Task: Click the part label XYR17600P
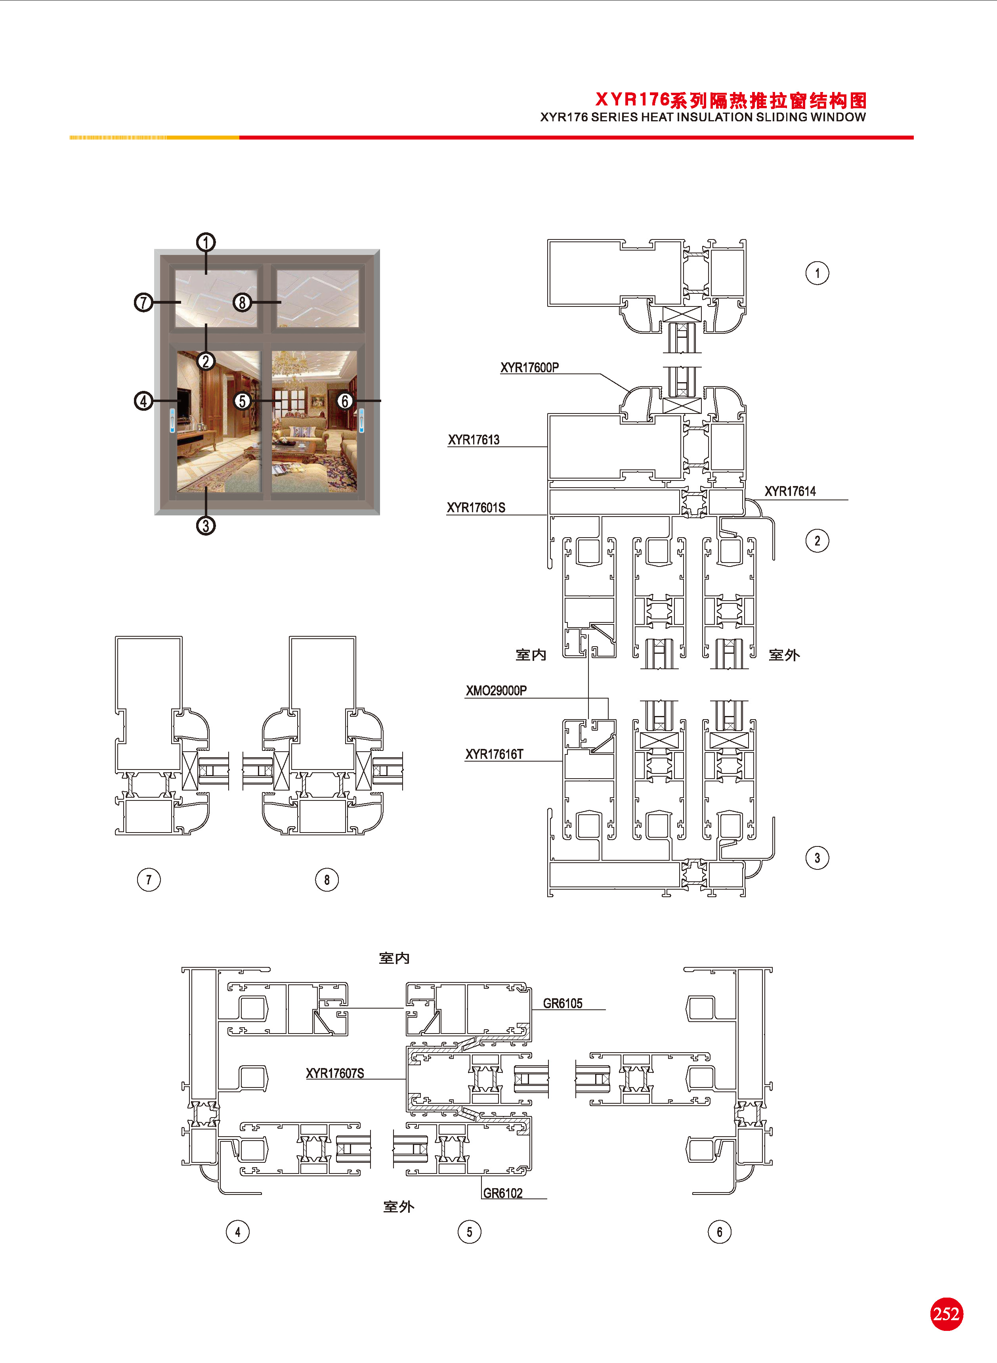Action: coord(529,368)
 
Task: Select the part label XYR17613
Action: coord(474,440)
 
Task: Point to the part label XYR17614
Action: coord(790,491)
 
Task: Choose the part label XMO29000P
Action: coord(496,691)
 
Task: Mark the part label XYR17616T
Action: coord(494,754)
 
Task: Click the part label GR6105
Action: coord(562,1003)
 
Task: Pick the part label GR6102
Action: coord(503,1193)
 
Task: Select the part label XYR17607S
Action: coord(335,1073)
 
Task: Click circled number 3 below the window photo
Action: coord(206,525)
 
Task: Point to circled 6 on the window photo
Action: coord(345,401)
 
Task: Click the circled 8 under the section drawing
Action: coord(327,879)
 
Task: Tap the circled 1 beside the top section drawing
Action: coord(817,273)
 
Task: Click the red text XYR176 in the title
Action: coord(632,99)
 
